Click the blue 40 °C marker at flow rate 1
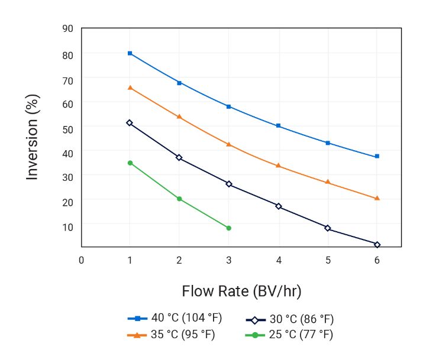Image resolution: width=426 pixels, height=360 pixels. pyautogui.click(x=130, y=53)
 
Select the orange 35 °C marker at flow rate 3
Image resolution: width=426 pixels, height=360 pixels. pyautogui.click(x=229, y=144)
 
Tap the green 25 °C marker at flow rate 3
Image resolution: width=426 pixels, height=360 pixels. pyautogui.click(x=229, y=228)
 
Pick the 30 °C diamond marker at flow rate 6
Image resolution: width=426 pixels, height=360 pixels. pyautogui.click(x=377, y=244)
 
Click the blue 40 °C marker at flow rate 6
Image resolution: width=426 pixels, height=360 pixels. pyautogui.click(x=377, y=156)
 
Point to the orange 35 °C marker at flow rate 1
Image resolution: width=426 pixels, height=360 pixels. pyautogui.click(x=130, y=87)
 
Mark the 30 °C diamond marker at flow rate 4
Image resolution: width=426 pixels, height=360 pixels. pyautogui.click(x=279, y=206)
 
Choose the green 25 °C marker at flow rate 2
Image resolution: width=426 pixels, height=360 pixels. pyautogui.click(x=179, y=199)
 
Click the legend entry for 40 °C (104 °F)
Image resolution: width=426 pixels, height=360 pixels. pyautogui.click(x=176, y=318)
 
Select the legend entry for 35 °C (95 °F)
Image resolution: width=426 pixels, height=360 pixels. pyautogui.click(x=172, y=335)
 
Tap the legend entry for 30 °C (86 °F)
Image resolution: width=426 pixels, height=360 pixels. pyautogui.click(x=290, y=320)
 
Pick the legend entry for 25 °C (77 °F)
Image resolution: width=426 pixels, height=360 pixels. pyautogui.click(x=290, y=335)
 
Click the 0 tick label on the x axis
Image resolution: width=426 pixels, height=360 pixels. pyautogui.click(x=81, y=260)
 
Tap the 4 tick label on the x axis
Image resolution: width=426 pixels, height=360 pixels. pyautogui.click(x=279, y=260)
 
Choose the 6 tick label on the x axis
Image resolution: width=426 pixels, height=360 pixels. pyautogui.click(x=377, y=260)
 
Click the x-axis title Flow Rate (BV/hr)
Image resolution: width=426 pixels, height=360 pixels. pyautogui.click(x=241, y=291)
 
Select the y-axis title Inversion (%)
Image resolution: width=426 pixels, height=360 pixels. pyautogui.click(x=33, y=137)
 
